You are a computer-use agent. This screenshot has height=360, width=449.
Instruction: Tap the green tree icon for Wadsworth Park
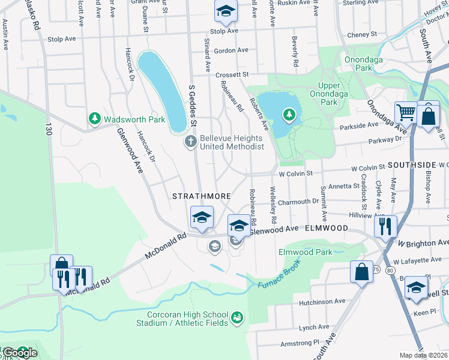[x=94, y=119]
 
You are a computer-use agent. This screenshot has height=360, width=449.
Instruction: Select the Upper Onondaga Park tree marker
[x=289, y=113]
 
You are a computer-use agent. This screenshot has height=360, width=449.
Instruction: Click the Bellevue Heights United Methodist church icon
[x=190, y=142]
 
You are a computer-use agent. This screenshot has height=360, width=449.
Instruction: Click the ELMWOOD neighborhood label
[x=326, y=229]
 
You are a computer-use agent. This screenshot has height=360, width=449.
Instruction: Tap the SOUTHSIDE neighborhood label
[x=411, y=164]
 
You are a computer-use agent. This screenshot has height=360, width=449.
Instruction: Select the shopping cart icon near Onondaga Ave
[x=406, y=112]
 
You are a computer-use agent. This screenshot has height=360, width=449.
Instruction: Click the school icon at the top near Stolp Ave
[x=226, y=10]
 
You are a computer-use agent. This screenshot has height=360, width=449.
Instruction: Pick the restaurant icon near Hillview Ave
[x=385, y=226]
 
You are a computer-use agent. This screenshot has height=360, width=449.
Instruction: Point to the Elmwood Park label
[x=305, y=252]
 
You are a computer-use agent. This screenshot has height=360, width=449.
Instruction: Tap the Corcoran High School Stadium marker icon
[x=237, y=316]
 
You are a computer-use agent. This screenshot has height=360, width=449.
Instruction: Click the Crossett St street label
[x=232, y=75]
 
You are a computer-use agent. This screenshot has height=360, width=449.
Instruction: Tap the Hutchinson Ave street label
[x=322, y=301]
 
